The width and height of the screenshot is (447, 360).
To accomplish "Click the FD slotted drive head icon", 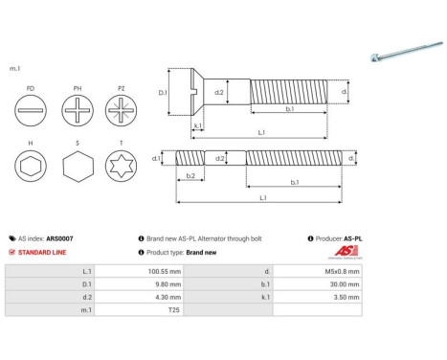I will [32, 113].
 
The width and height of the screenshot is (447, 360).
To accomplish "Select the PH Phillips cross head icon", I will [78, 113].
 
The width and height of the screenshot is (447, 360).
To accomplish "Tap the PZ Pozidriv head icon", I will [122, 113].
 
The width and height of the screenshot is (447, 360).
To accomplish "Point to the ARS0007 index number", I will [60, 238].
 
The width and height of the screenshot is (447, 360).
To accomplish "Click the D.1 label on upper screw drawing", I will [163, 92].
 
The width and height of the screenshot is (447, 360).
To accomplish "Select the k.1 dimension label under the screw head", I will [197, 125].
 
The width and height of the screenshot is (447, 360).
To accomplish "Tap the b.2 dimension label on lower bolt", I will [190, 176].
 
